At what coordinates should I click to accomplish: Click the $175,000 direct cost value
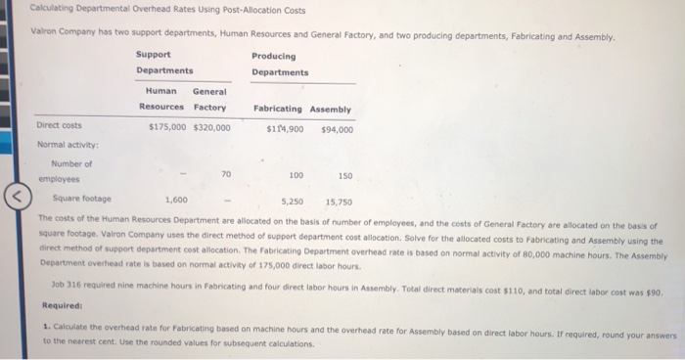tap(167, 127)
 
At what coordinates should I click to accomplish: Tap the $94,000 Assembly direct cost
tap(337, 128)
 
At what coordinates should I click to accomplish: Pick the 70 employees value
tap(226, 174)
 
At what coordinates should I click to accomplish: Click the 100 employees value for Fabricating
tap(296, 174)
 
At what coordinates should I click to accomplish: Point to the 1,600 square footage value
tap(176, 200)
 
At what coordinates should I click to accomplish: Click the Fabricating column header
tap(274, 109)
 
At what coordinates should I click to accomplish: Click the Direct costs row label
tap(59, 126)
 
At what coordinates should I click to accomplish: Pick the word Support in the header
tap(153, 55)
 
